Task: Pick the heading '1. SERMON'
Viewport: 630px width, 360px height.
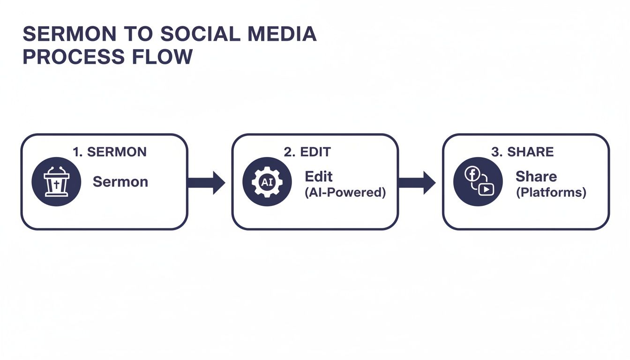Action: [110, 152]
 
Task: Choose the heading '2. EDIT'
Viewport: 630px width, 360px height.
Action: [307, 152]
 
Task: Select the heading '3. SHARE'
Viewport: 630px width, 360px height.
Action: [523, 152]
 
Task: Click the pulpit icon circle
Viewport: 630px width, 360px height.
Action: [56, 181]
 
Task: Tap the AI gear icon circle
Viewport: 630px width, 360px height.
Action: [267, 181]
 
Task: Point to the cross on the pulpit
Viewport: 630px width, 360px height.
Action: [56, 185]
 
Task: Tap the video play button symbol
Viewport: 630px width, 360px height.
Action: [487, 189]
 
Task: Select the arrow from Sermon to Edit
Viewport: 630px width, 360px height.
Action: [206, 182]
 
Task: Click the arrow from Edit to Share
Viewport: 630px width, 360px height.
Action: [417, 182]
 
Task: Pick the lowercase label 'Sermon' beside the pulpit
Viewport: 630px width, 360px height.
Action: [120, 182]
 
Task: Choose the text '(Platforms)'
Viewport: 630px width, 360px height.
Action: [551, 193]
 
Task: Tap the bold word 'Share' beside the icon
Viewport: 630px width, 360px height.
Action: [536, 177]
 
